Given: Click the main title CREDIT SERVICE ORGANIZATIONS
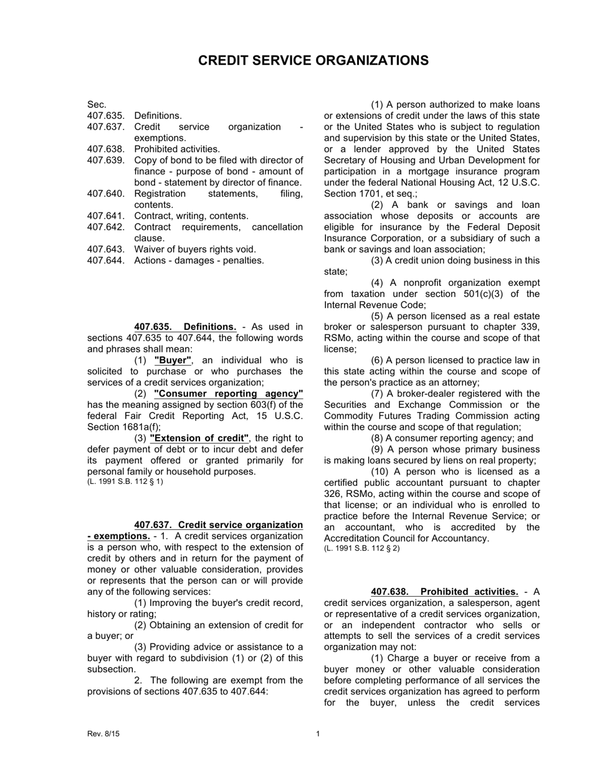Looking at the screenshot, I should point(313,60).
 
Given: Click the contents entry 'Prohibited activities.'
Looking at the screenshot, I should point(177,149).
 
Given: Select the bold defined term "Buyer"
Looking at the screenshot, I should point(173,361).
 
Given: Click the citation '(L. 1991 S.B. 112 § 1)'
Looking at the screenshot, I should point(125,482).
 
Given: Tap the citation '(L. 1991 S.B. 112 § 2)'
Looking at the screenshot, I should point(362,549).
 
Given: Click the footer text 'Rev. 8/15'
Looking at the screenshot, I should point(103,734).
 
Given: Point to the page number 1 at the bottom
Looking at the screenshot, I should point(318,734).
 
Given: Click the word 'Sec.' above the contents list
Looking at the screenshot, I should point(97,105).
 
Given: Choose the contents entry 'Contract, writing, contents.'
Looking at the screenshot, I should point(191,216).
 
